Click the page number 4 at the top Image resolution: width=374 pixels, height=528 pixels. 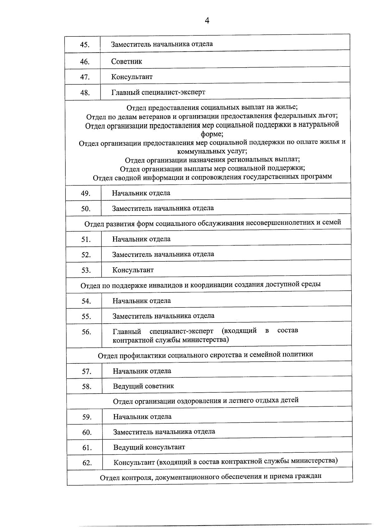click(x=207, y=21)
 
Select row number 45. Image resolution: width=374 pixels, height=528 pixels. click(x=84, y=45)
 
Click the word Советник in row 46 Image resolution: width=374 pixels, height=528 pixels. click(x=127, y=62)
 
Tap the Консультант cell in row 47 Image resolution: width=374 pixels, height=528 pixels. click(x=132, y=77)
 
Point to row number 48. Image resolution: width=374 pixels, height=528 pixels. click(x=85, y=93)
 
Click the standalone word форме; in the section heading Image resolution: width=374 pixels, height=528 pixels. click(x=212, y=134)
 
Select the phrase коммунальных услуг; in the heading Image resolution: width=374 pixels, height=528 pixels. click(x=212, y=152)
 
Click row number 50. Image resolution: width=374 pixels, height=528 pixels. click(x=86, y=209)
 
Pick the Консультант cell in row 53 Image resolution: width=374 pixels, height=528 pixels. click(x=133, y=270)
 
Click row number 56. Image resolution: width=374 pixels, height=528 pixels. click(x=86, y=332)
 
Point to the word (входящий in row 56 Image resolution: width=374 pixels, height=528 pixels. click(x=239, y=331)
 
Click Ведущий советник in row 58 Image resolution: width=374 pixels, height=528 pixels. click(x=143, y=386)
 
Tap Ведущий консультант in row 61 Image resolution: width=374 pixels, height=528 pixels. click(x=149, y=447)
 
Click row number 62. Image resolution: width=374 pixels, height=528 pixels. click(x=87, y=463)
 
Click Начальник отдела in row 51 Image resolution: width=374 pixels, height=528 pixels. click(x=141, y=239)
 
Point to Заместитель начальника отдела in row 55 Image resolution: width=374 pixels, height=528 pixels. click(x=163, y=316)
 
